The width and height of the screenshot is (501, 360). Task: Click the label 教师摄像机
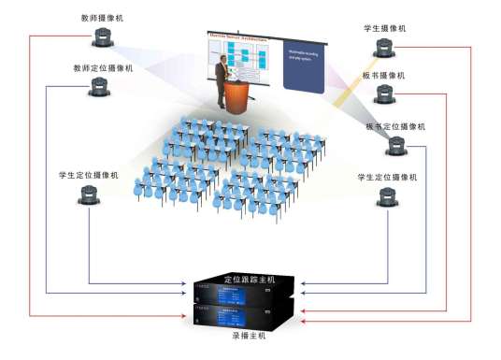pos(100,18)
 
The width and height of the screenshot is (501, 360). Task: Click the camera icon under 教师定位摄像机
pos(100,88)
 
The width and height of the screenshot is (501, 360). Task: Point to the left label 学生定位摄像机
pos(88,175)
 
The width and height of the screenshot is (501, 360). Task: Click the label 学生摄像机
pos(384,29)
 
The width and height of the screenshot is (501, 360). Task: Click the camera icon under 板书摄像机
pos(385,94)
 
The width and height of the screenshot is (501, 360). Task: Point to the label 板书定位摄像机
pos(394,125)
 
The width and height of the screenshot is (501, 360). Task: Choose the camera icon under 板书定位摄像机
pos(396,145)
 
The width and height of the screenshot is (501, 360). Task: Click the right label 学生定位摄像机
pos(387,176)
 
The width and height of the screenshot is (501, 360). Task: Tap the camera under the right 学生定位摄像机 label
pos(388,197)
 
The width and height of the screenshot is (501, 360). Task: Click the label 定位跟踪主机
pos(250,279)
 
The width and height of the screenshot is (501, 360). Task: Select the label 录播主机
pos(249,334)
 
